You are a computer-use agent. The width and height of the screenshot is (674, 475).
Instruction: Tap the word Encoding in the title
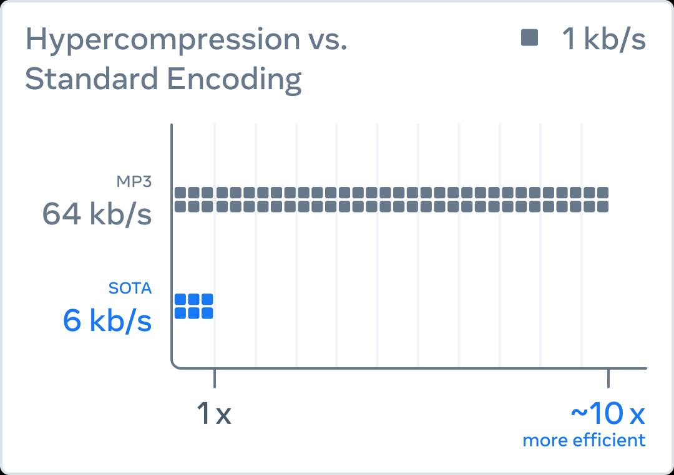pos(234,80)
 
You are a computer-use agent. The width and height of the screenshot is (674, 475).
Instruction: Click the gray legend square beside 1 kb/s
pos(530,37)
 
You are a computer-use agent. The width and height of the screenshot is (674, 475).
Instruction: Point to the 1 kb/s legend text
pos(604,39)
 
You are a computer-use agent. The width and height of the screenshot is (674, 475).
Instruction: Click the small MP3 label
pos(134,181)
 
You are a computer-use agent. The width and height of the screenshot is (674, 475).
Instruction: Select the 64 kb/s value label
pos(97,213)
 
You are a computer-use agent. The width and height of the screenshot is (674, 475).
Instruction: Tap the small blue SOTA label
pos(130,288)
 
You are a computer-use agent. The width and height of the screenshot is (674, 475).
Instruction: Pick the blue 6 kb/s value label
pos(107,320)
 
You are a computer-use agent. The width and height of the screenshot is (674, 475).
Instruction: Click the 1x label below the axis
pos(214,413)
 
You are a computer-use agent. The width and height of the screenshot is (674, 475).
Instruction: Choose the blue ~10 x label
pos(608,413)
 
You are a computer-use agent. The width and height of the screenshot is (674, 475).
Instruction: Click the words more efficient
pos(584,440)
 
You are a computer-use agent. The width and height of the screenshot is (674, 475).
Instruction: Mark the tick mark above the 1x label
pos(215,378)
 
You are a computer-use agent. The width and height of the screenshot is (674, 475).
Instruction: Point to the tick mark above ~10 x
pos(608,378)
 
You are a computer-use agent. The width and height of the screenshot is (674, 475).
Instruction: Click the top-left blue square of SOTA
pos(180,299)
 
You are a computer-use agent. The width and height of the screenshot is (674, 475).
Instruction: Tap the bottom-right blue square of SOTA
pos(207,313)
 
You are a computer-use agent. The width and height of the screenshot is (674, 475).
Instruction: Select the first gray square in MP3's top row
pos(180,193)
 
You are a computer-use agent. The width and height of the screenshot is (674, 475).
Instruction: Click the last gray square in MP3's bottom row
pos(603,206)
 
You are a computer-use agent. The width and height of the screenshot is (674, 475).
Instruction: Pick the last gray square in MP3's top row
pos(603,193)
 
